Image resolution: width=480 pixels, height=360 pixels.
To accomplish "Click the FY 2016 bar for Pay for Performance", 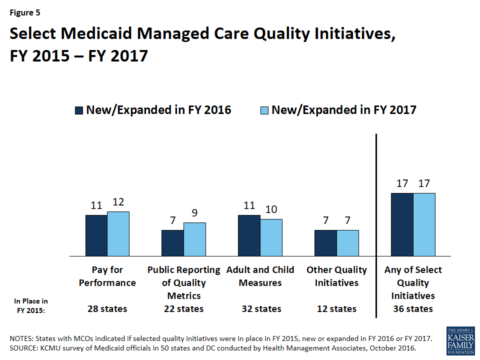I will (x=96, y=235).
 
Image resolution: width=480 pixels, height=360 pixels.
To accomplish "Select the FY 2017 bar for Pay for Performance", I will (x=118, y=233).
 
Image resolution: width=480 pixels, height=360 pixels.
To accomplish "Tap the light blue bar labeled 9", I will (x=194, y=239).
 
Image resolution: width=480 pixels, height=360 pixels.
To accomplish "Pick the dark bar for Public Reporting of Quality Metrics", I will (x=172, y=243).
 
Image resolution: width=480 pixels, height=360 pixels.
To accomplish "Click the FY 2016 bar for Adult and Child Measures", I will (x=249, y=235).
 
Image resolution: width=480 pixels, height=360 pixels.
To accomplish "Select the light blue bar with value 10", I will (x=271, y=237).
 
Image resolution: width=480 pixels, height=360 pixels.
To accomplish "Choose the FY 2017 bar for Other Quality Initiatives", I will (x=347, y=243).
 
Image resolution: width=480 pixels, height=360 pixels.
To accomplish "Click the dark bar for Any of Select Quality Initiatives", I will (x=402, y=224).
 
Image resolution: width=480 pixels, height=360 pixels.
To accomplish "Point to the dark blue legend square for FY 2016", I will (x=79, y=110).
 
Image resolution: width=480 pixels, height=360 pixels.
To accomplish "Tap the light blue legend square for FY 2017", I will (x=264, y=110).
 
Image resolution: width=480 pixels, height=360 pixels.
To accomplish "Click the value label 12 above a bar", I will (x=118, y=202).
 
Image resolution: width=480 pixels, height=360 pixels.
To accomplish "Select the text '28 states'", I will (x=107, y=308).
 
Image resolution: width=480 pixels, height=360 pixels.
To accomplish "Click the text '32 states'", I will (x=260, y=308).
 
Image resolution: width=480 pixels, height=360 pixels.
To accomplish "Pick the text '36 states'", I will (x=413, y=308).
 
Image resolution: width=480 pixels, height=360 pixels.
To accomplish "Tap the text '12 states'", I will (x=336, y=308).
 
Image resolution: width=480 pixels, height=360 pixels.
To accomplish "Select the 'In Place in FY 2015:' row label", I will (x=31, y=304).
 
